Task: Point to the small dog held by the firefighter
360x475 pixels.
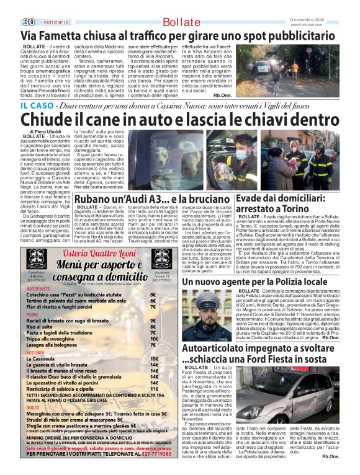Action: (277, 162)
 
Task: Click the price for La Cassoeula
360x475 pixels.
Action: (153, 376)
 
